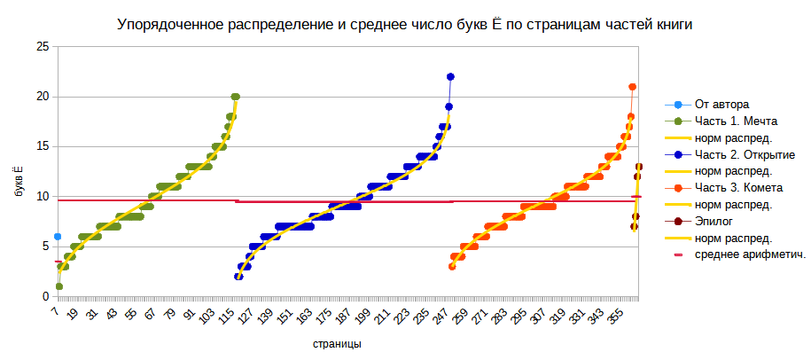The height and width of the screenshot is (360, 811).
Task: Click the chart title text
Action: (405, 26)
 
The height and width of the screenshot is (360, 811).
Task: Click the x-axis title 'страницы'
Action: (336, 343)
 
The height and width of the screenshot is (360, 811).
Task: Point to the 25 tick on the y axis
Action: (41, 47)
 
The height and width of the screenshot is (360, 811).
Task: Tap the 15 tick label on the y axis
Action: (41, 146)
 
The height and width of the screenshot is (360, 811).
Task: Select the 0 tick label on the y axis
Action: (44, 296)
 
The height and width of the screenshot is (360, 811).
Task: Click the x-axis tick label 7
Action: (55, 312)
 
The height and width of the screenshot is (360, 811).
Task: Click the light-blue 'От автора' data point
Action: (58, 237)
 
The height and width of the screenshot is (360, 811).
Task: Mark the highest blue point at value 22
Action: (450, 77)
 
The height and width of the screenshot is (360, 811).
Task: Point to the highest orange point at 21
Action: (632, 87)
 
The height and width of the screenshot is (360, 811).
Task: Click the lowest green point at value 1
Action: (58, 286)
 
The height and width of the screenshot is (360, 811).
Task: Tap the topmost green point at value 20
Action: (235, 97)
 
